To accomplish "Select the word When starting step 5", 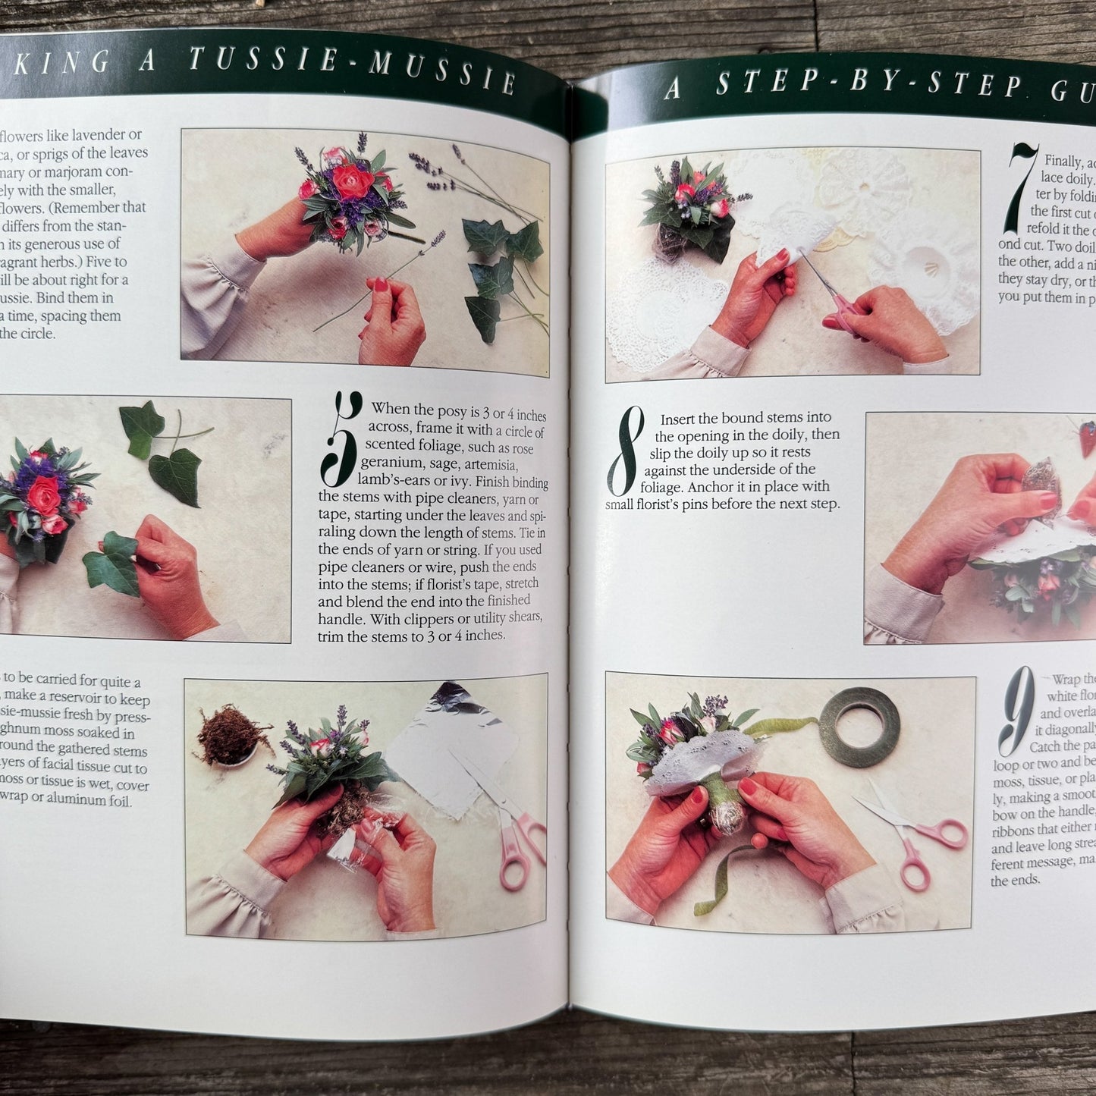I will click(390, 410).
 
